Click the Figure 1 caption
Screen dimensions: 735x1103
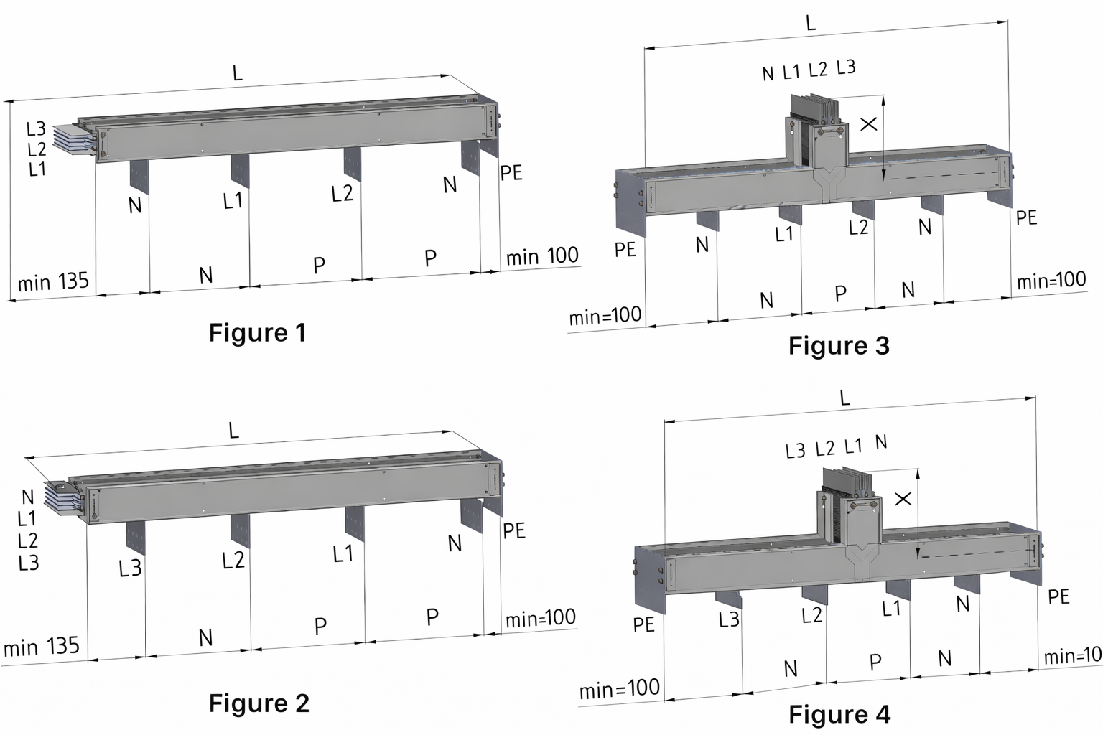click(257, 333)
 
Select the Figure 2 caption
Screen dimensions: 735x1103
click(259, 703)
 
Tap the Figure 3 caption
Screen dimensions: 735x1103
click(839, 346)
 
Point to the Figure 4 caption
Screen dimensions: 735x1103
click(839, 714)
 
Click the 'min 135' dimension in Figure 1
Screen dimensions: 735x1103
click(53, 281)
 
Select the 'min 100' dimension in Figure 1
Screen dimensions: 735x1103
click(542, 256)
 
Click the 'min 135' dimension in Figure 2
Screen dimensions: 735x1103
click(42, 647)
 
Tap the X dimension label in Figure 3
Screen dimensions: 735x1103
click(868, 124)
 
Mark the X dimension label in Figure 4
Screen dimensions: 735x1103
click(903, 498)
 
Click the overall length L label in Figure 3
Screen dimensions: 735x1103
click(811, 24)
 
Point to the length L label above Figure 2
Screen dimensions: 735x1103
click(233, 431)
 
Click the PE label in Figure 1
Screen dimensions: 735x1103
click(511, 173)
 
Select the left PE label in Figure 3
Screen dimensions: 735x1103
click(625, 249)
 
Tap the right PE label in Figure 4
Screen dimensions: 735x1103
click(1058, 596)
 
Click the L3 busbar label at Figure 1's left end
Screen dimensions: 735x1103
click(36, 128)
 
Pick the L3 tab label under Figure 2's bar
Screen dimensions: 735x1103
click(130, 568)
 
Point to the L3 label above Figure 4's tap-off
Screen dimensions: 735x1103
click(795, 451)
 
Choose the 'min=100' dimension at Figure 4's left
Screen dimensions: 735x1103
click(619, 689)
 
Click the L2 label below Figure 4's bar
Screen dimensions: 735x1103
click(811, 615)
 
